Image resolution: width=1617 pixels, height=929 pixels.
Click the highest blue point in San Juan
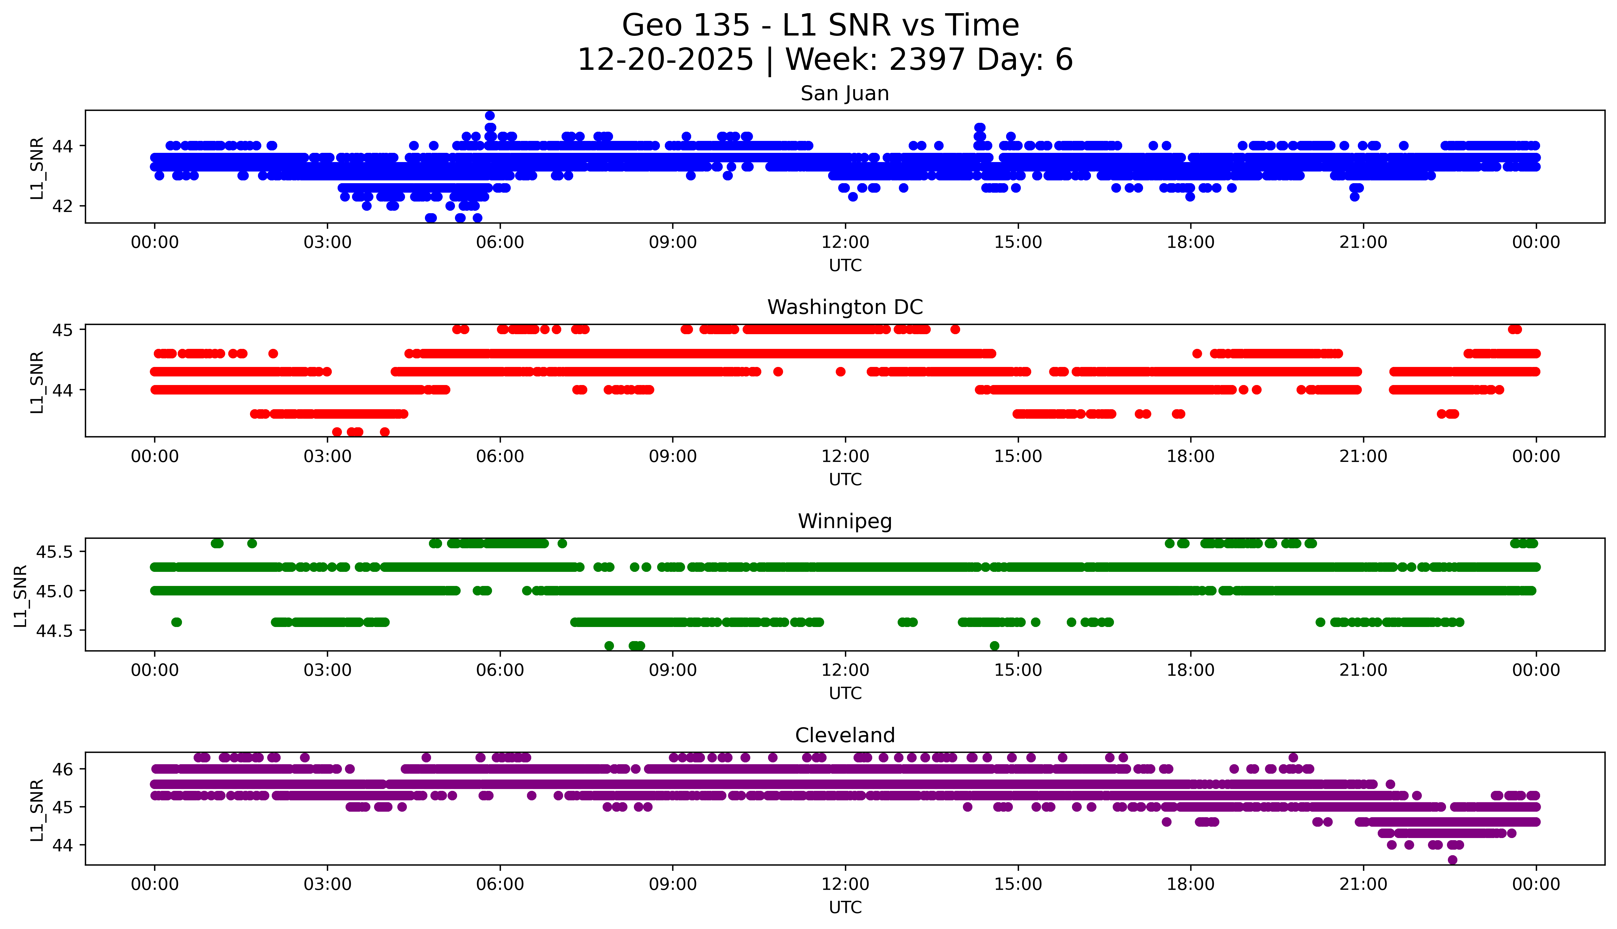490,115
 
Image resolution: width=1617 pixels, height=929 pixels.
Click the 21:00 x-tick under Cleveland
1363,884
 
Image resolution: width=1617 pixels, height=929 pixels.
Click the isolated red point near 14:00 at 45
955,329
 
